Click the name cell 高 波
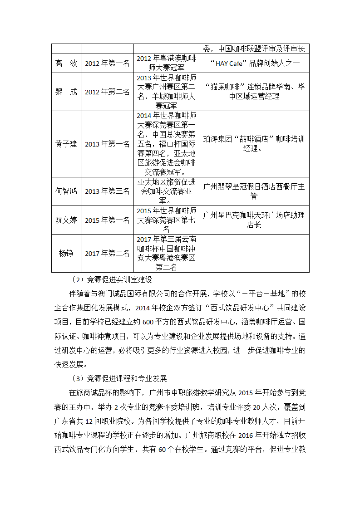[x=66, y=64]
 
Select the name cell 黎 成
[x=66, y=92]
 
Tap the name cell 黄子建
[x=66, y=144]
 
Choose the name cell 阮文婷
[x=66, y=220]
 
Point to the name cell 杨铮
[x=66, y=253]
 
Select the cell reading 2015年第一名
[x=107, y=220]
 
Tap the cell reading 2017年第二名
[x=107, y=253]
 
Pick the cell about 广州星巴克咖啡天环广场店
[x=254, y=220]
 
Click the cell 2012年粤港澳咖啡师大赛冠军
[x=167, y=64]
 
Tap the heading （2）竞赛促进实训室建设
[x=112, y=279]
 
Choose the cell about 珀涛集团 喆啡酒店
[x=254, y=143]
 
